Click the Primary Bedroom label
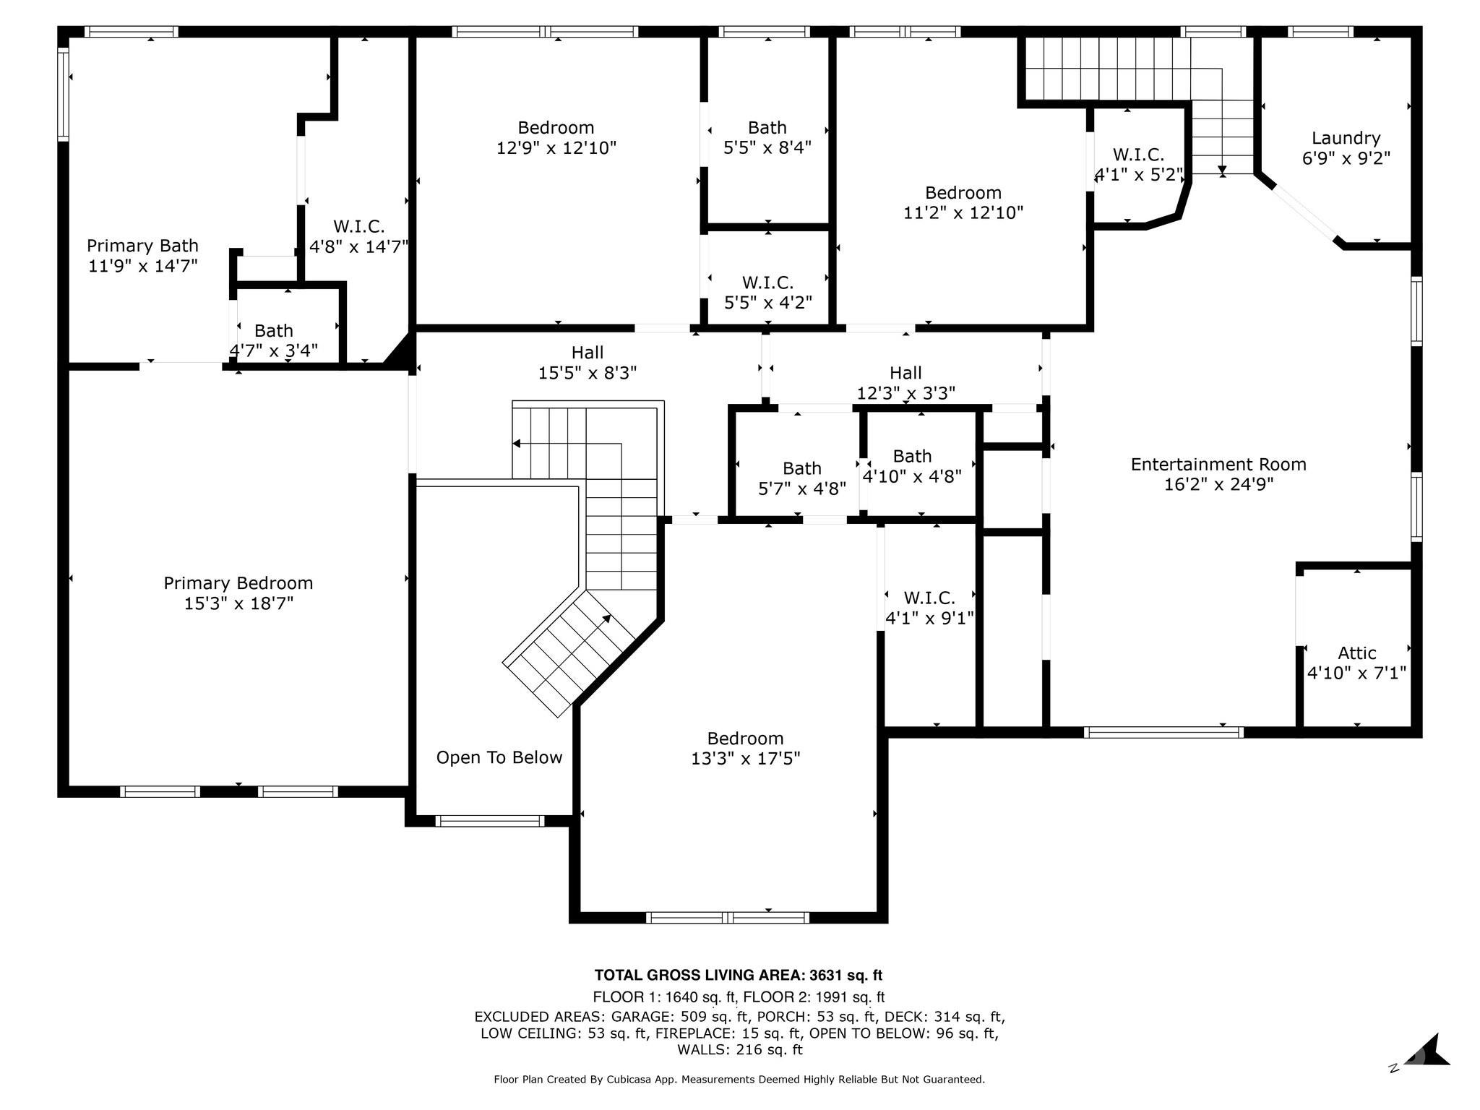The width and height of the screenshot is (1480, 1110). coord(238,583)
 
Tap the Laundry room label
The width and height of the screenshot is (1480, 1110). coord(1346,138)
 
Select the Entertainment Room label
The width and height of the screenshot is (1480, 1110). coord(1218,464)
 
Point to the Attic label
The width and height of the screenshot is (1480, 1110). coord(1356,653)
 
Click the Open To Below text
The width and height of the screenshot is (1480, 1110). coord(499,757)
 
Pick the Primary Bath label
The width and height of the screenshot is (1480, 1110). coord(142,246)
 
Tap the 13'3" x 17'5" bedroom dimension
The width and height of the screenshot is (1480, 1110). coord(746,759)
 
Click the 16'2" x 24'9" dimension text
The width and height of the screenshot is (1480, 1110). coord(1218,484)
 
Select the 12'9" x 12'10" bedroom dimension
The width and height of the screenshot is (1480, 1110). coord(556,148)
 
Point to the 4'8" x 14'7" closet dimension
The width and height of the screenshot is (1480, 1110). coord(359,246)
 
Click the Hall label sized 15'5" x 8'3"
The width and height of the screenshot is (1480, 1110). coord(588,353)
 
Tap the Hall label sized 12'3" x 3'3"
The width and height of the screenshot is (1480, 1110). coord(905,373)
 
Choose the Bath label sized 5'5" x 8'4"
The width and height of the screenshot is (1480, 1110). coord(767,128)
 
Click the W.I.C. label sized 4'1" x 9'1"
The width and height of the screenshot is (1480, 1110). coord(929,598)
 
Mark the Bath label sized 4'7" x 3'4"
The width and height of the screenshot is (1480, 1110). coord(274,331)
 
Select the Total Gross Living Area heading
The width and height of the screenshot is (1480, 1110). coord(739,976)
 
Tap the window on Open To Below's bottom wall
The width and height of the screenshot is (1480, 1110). coord(490,821)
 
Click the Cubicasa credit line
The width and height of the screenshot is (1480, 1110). coord(739,1080)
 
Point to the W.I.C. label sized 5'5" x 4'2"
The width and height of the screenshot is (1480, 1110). coord(767,283)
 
